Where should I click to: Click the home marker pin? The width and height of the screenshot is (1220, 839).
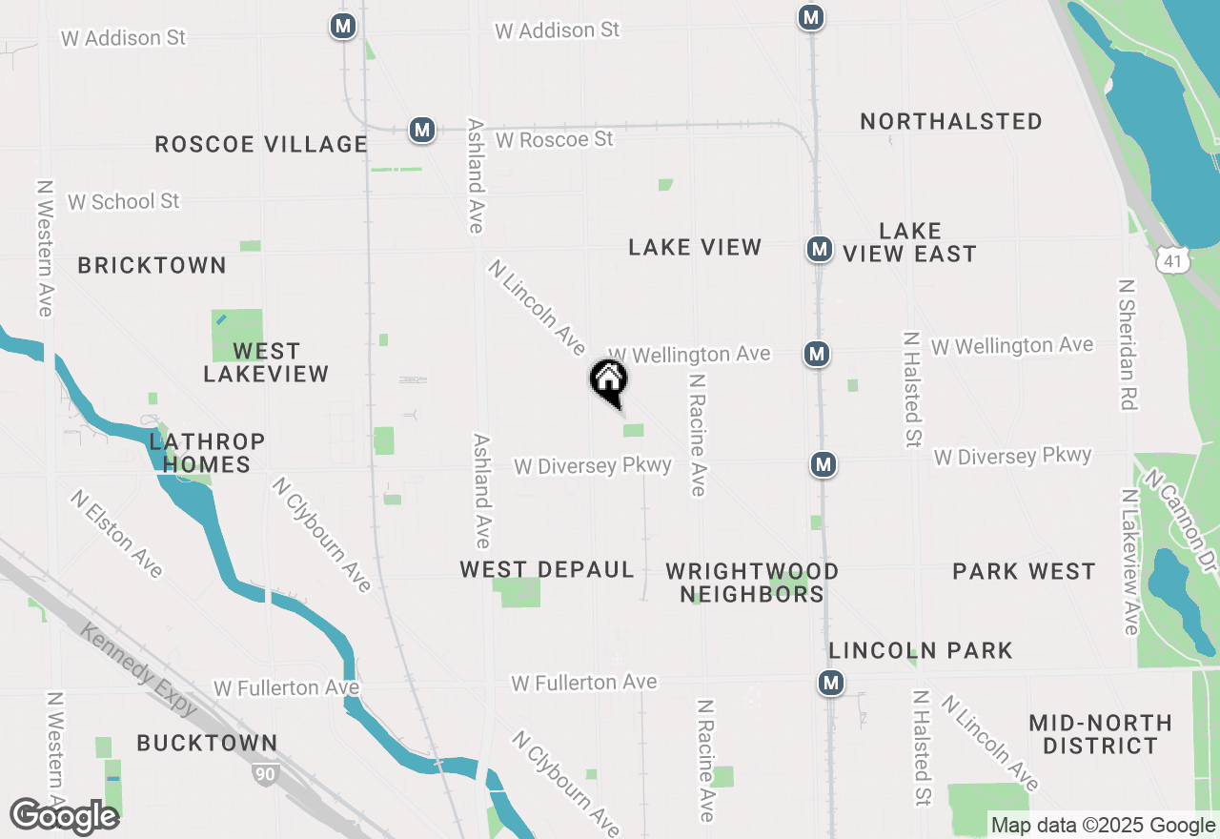[x=609, y=381]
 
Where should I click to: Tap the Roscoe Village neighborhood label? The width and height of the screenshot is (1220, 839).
[x=261, y=144]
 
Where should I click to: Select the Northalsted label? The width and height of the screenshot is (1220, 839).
[x=950, y=121]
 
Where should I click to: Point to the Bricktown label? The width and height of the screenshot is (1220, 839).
[x=152, y=265]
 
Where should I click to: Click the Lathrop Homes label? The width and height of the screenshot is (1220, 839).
[x=207, y=453]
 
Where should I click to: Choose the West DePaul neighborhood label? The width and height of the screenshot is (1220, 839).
[x=547, y=569]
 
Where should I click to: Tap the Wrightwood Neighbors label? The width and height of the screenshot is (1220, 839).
[x=752, y=583]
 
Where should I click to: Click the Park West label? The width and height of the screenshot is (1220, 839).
[x=1024, y=571]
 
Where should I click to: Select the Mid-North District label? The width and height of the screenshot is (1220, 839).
[x=1100, y=734]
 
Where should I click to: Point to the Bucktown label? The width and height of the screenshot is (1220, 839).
[x=207, y=743]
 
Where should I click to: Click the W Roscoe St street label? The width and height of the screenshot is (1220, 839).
[x=555, y=139]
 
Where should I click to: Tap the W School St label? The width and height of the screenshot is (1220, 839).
[x=124, y=201]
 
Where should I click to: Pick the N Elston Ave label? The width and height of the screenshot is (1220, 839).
[x=116, y=533]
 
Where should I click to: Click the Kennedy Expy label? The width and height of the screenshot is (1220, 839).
[x=139, y=669]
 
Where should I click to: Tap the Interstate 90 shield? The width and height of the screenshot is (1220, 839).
[x=265, y=773]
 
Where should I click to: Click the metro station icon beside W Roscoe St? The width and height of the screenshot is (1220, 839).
[x=422, y=129]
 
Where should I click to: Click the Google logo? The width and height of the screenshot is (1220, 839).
[x=65, y=816]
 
